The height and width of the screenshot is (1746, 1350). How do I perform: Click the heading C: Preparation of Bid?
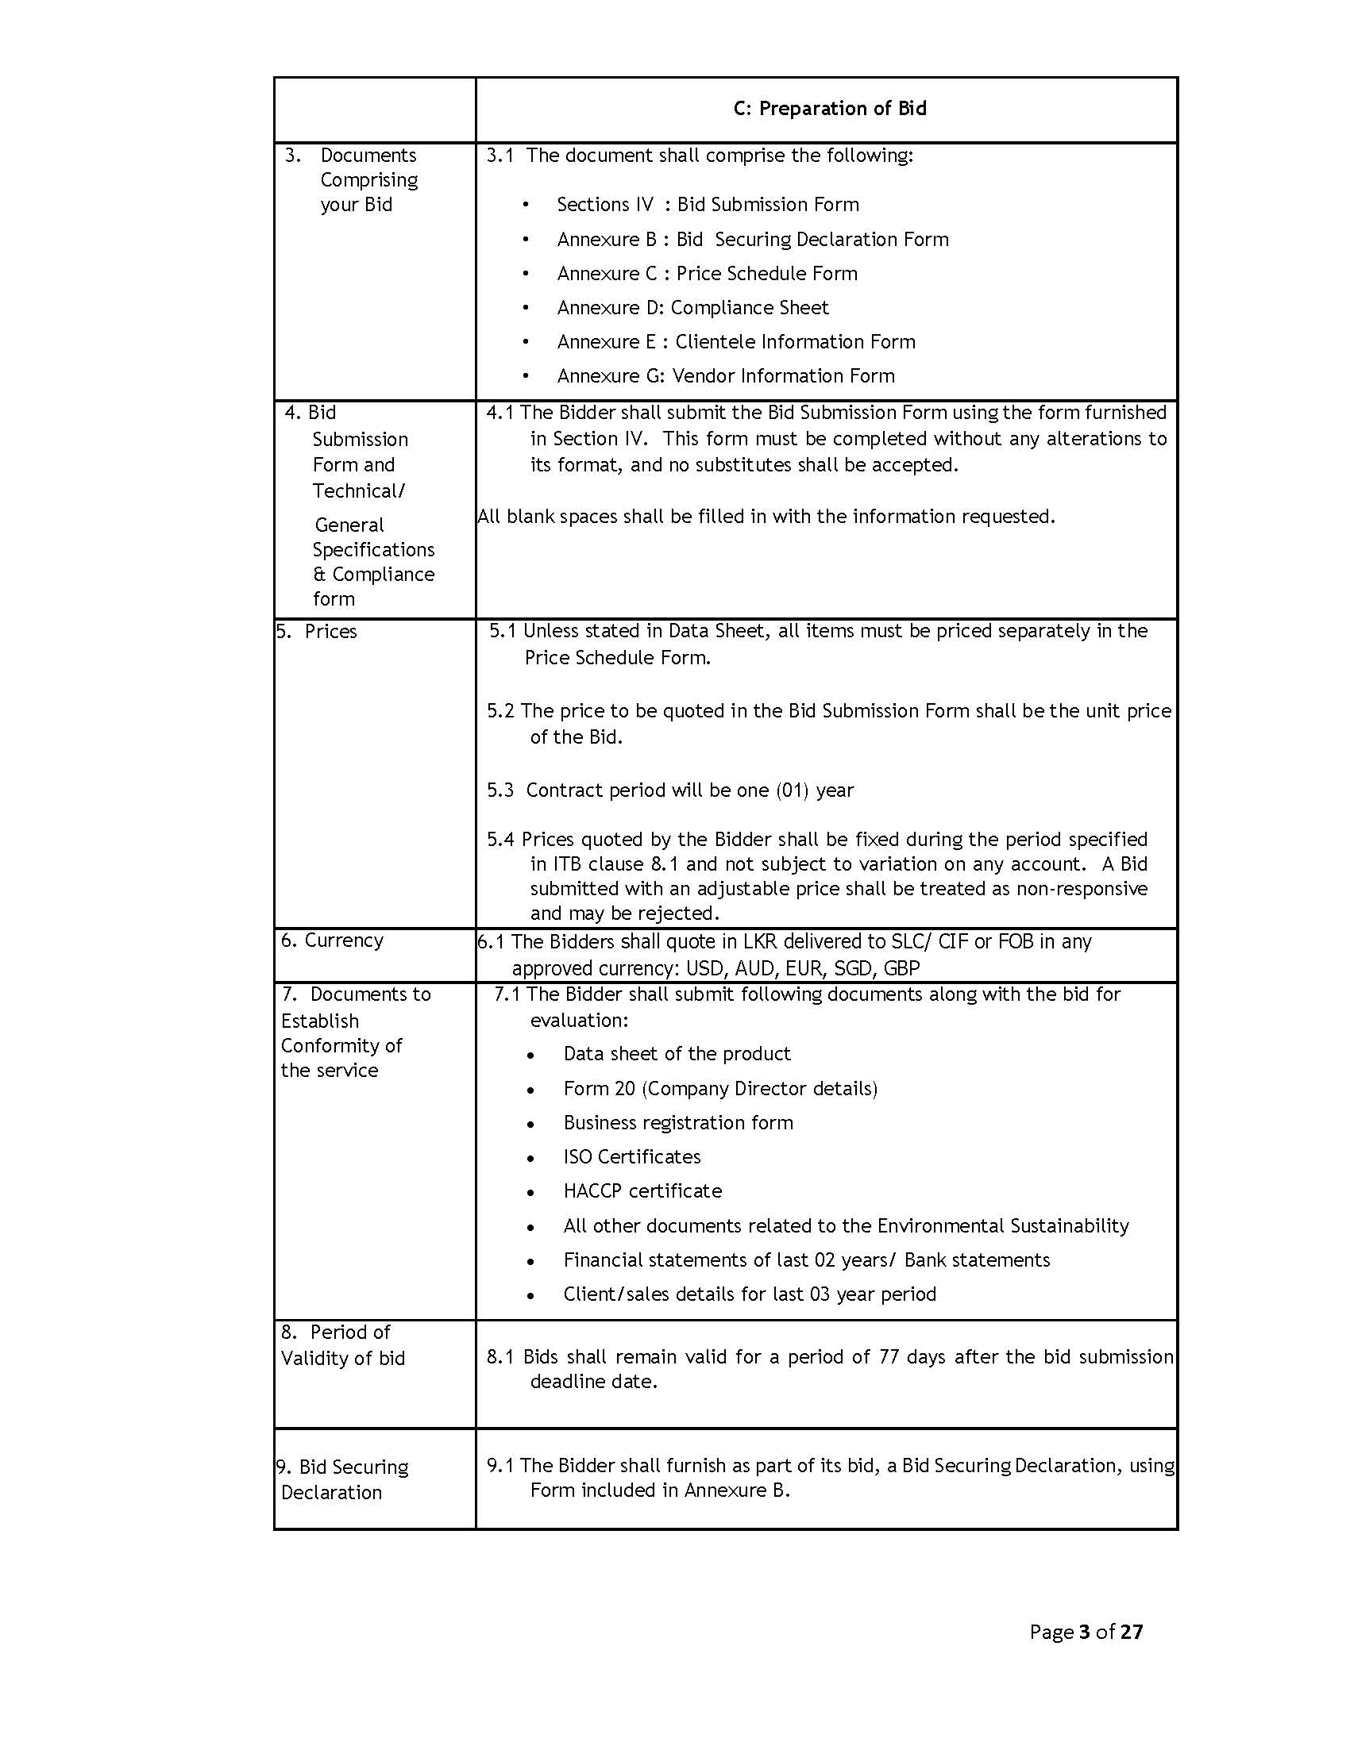(x=829, y=109)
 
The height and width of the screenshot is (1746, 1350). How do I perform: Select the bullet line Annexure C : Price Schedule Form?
(x=707, y=274)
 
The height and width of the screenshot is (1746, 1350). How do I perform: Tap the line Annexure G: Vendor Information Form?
(x=725, y=375)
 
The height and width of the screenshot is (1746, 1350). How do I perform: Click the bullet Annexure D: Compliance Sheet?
(x=692, y=308)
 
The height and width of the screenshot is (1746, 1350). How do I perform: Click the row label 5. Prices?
(x=317, y=632)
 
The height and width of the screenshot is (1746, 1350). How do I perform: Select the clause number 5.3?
(x=499, y=790)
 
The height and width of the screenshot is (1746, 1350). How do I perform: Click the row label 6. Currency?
(x=332, y=940)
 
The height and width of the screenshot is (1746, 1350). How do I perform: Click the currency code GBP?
(x=901, y=969)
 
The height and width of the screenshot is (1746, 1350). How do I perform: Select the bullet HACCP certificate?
(x=642, y=1191)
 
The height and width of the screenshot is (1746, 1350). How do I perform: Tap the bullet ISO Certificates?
(x=632, y=1157)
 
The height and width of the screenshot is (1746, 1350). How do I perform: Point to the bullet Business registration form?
(x=678, y=1123)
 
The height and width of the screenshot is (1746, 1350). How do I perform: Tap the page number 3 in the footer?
(x=1085, y=1632)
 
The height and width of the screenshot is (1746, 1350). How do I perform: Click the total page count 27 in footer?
(x=1132, y=1632)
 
